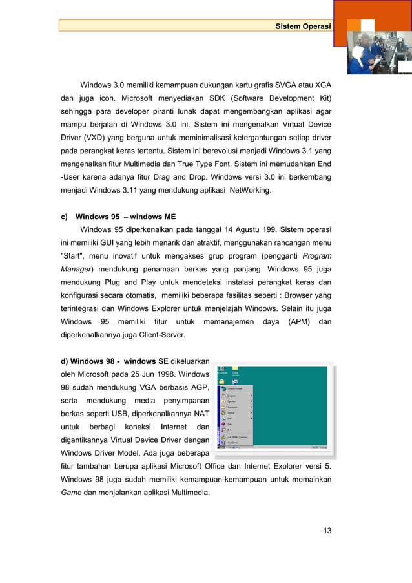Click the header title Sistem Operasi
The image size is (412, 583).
tap(302, 25)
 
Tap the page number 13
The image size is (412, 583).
tap(327, 531)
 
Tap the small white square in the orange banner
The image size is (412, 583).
tap(367, 25)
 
